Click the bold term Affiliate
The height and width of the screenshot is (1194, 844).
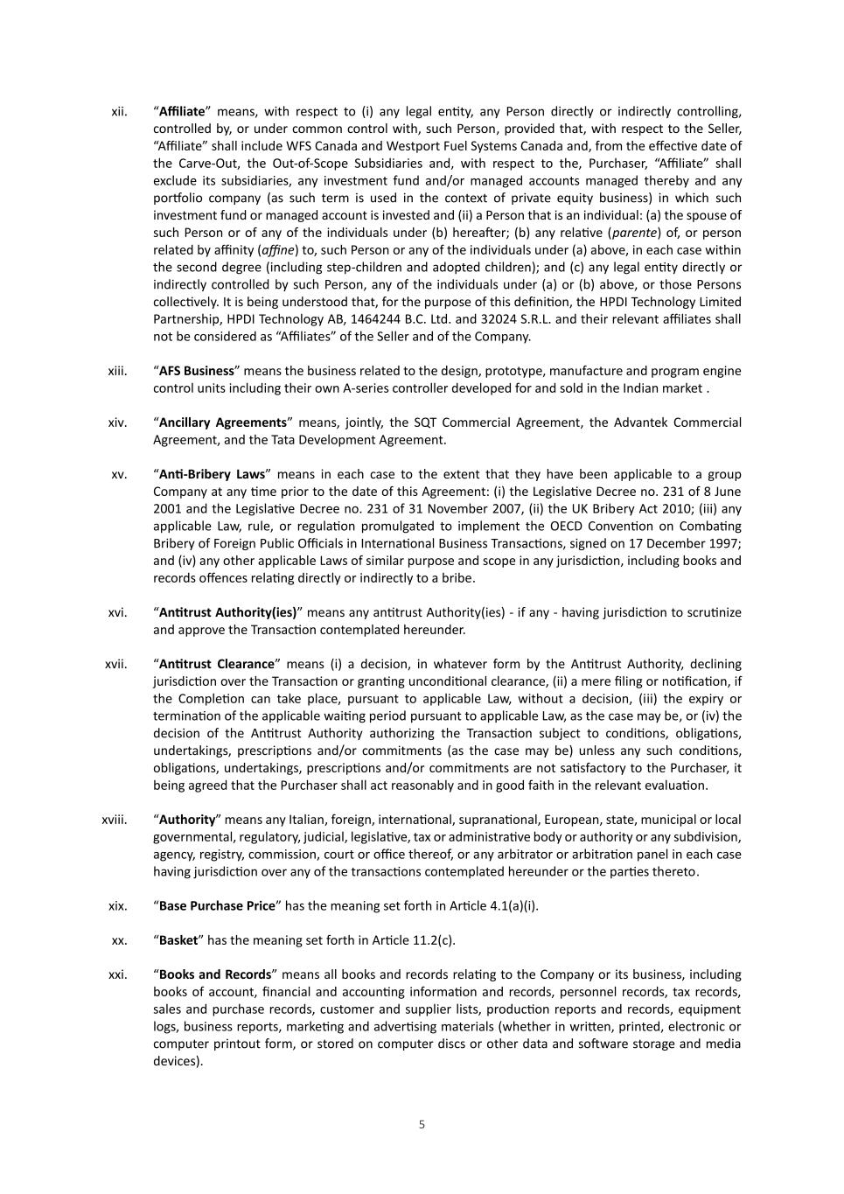[x=182, y=112]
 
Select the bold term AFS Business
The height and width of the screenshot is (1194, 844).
[x=197, y=371]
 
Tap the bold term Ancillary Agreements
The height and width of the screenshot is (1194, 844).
[x=223, y=422]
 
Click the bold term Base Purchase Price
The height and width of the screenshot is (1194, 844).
[x=217, y=906]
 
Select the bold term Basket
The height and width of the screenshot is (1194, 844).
[x=178, y=940]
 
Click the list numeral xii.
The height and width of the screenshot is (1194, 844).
[x=120, y=112]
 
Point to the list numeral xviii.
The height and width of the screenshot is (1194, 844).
[x=115, y=820]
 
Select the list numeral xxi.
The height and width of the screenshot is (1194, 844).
[x=117, y=974]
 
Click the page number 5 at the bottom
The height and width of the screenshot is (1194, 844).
[x=422, y=1125]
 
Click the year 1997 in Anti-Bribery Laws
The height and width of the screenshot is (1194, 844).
[x=724, y=543]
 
